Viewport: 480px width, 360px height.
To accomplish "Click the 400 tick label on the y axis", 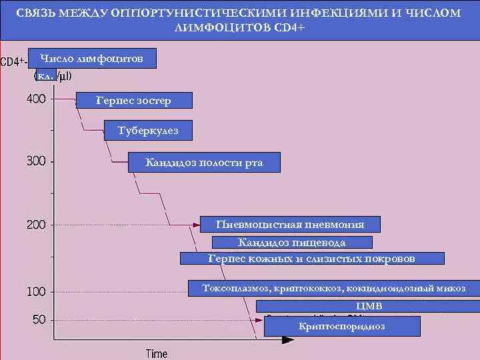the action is pos(36,99).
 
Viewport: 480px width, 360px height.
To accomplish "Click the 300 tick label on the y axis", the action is pos(36,161).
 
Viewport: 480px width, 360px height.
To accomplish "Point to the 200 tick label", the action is pos(36,225).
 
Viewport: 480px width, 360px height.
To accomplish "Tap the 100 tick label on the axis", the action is pos(36,291).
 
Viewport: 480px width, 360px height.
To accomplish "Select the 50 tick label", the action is pos(39,319).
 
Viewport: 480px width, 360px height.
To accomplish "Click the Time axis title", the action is pos(157,353).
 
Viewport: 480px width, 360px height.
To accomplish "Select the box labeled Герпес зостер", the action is pos(134,101).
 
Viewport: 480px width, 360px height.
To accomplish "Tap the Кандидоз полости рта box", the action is pos(204,163).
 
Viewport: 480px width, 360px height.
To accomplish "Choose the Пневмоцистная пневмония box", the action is pos(291,224).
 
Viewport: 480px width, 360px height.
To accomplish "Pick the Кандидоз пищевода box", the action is pos(292,242).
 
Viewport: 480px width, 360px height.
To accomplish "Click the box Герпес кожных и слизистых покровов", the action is pos(312,259).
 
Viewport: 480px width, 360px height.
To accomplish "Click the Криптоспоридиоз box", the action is pos(342,326).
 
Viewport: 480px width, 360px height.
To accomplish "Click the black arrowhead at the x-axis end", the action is pos(287,339).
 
